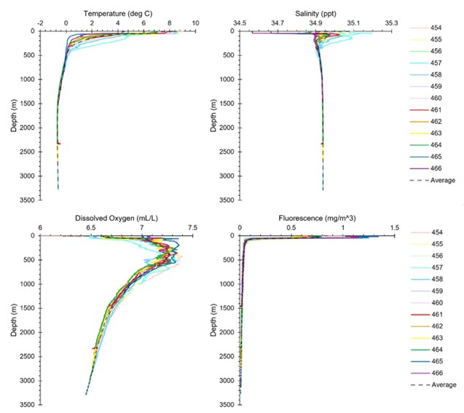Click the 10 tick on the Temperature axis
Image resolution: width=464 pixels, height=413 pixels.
(195, 23)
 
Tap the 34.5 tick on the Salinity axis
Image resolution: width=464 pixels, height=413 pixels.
(240, 23)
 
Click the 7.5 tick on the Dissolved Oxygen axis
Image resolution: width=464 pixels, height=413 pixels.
(192, 228)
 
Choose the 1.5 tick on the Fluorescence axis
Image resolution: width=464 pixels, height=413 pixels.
(394, 228)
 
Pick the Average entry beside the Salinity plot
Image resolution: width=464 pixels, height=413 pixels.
(442, 180)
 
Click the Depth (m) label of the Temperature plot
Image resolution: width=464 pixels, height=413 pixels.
(14, 115)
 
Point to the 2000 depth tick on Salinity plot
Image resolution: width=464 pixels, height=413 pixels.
(228, 127)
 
